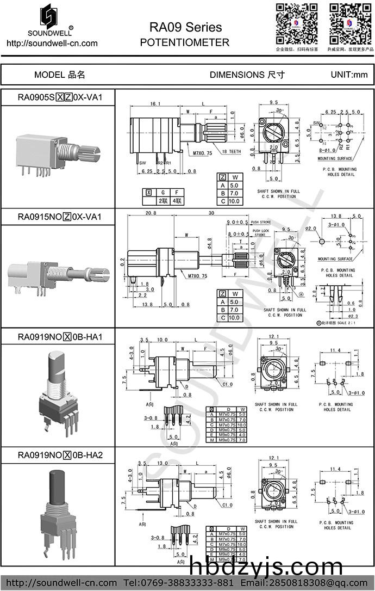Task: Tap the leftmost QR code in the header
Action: pyautogui.click(x=296, y=23)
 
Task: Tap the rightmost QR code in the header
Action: pyautogui.click(x=350, y=23)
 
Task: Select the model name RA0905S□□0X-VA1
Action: pyautogui.click(x=60, y=97)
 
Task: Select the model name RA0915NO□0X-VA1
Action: pyautogui.click(x=60, y=217)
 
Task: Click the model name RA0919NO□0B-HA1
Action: pyautogui.click(x=60, y=337)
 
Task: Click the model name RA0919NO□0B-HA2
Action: pyautogui.click(x=60, y=455)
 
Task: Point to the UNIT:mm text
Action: pyautogui.click(x=349, y=75)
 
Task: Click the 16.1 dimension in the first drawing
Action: pyautogui.click(x=155, y=103)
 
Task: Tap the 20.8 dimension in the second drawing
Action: pyautogui.click(x=152, y=214)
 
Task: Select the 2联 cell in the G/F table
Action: pyautogui.click(x=162, y=201)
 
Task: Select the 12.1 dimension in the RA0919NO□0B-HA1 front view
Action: pyautogui.click(x=273, y=336)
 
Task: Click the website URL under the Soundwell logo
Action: pyautogui.click(x=49, y=43)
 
